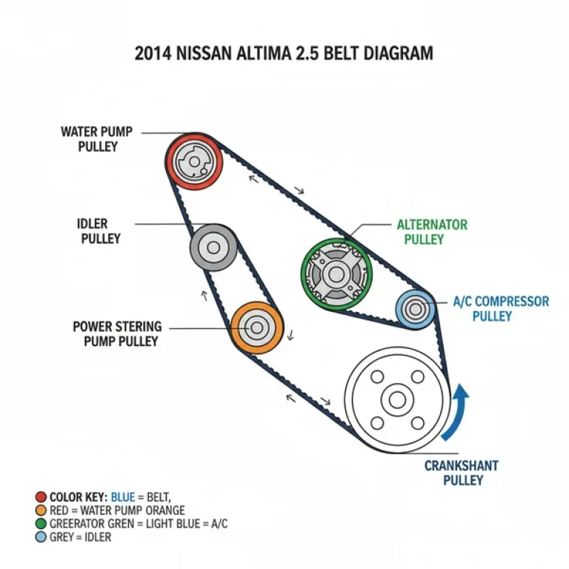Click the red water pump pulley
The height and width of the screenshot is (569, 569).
click(x=192, y=162)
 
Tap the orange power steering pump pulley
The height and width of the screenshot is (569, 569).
click(x=256, y=327)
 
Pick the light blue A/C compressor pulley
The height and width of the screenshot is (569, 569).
click(x=415, y=308)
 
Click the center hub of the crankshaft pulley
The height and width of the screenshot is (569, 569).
click(x=397, y=400)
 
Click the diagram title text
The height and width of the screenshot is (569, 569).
click(x=284, y=53)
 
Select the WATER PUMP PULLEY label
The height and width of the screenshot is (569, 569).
click(x=96, y=139)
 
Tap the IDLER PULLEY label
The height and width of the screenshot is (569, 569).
click(x=100, y=231)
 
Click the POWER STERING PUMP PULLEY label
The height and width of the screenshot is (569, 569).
click(x=116, y=333)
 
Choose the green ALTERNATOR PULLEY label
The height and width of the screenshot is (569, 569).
click(x=432, y=232)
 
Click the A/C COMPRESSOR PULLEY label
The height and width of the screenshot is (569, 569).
click(x=501, y=308)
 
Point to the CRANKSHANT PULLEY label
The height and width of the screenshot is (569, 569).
click(x=462, y=473)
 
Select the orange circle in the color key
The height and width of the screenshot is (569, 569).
click(x=40, y=510)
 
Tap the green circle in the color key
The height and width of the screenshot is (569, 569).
click(x=40, y=524)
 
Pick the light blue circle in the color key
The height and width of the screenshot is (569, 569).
click(x=40, y=537)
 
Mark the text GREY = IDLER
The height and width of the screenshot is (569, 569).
click(x=80, y=537)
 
